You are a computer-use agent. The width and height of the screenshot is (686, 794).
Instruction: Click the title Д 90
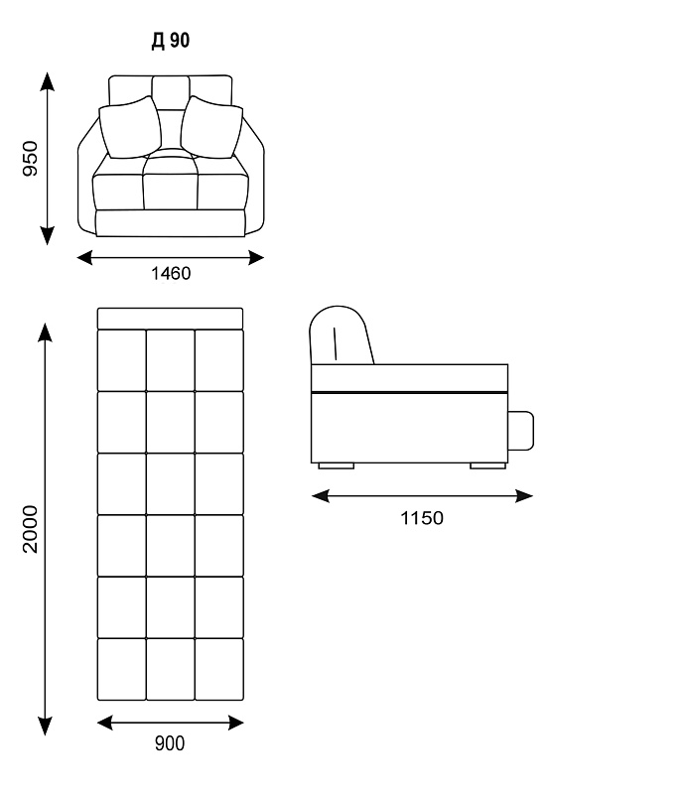(x=170, y=41)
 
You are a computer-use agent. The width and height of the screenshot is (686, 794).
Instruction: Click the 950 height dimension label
(x=31, y=159)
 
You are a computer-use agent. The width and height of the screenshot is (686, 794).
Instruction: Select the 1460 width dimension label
(x=171, y=274)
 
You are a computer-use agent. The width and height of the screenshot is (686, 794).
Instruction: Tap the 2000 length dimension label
(x=31, y=529)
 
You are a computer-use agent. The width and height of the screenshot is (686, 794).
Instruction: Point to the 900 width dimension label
(x=170, y=743)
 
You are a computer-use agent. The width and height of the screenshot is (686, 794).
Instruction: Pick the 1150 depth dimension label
(x=422, y=518)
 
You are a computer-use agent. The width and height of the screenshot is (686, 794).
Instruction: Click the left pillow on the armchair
(x=130, y=127)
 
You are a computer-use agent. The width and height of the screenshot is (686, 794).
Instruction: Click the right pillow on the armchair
(x=211, y=127)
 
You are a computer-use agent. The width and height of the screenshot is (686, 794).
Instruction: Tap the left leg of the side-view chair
(x=336, y=465)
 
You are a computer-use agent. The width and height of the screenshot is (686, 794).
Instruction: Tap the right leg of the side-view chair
(x=487, y=465)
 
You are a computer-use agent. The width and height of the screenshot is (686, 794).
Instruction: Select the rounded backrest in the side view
(x=341, y=334)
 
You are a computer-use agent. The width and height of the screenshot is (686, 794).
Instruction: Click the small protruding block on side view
(x=521, y=431)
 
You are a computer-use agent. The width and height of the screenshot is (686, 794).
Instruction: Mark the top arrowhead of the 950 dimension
(x=47, y=81)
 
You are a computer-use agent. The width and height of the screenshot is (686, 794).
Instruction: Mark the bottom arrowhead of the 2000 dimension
(x=45, y=727)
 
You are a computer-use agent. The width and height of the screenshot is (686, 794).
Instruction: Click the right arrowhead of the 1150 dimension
(x=524, y=495)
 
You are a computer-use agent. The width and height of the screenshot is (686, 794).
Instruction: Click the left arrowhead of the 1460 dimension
(x=85, y=258)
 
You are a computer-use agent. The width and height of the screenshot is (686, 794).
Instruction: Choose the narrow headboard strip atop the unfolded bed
(x=170, y=319)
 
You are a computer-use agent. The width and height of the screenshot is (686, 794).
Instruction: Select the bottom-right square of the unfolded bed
(x=218, y=669)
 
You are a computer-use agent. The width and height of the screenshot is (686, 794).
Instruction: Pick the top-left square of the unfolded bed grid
(x=121, y=360)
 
